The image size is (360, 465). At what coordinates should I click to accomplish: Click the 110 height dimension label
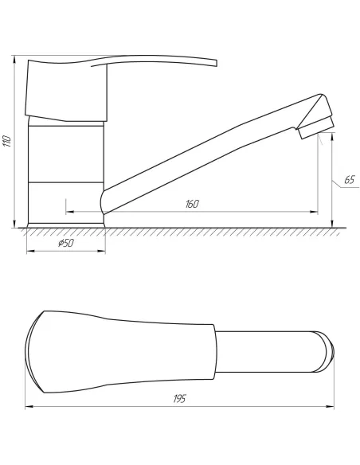[6, 141]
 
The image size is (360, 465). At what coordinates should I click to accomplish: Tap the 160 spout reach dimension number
[192, 204]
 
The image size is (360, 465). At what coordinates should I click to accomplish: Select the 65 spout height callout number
[350, 180]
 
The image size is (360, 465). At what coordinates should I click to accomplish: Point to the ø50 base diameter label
[66, 243]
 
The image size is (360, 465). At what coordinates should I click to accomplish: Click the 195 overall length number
[179, 399]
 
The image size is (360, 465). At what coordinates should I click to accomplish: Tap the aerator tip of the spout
[316, 128]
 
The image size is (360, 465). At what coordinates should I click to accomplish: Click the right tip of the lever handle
[216, 64]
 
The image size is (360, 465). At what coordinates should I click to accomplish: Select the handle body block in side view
[66, 91]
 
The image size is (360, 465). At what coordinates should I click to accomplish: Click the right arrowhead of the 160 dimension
[314, 212]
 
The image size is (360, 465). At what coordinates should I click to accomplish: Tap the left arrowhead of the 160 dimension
[69, 212]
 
